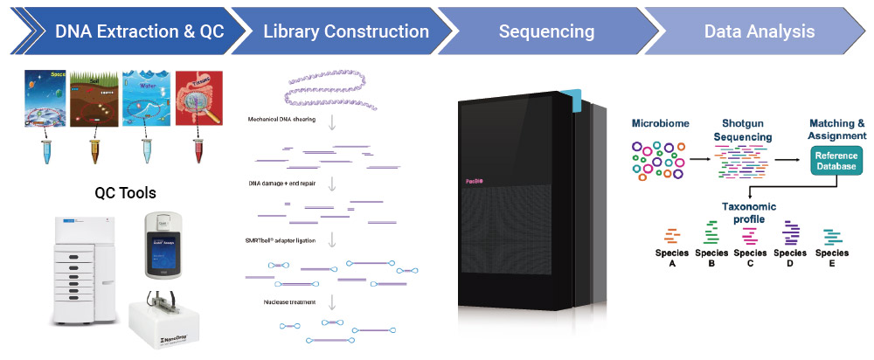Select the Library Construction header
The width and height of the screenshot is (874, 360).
coord(346,31)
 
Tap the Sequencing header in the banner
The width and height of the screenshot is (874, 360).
coord(546,31)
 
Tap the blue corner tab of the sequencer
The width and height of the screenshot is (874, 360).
coord(571,100)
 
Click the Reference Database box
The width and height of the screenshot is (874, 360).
coord(836,160)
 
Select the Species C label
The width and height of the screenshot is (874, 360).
coord(750,258)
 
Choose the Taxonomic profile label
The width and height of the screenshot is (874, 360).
coord(749,211)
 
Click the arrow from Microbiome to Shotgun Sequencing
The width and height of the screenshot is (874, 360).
coord(697,160)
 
